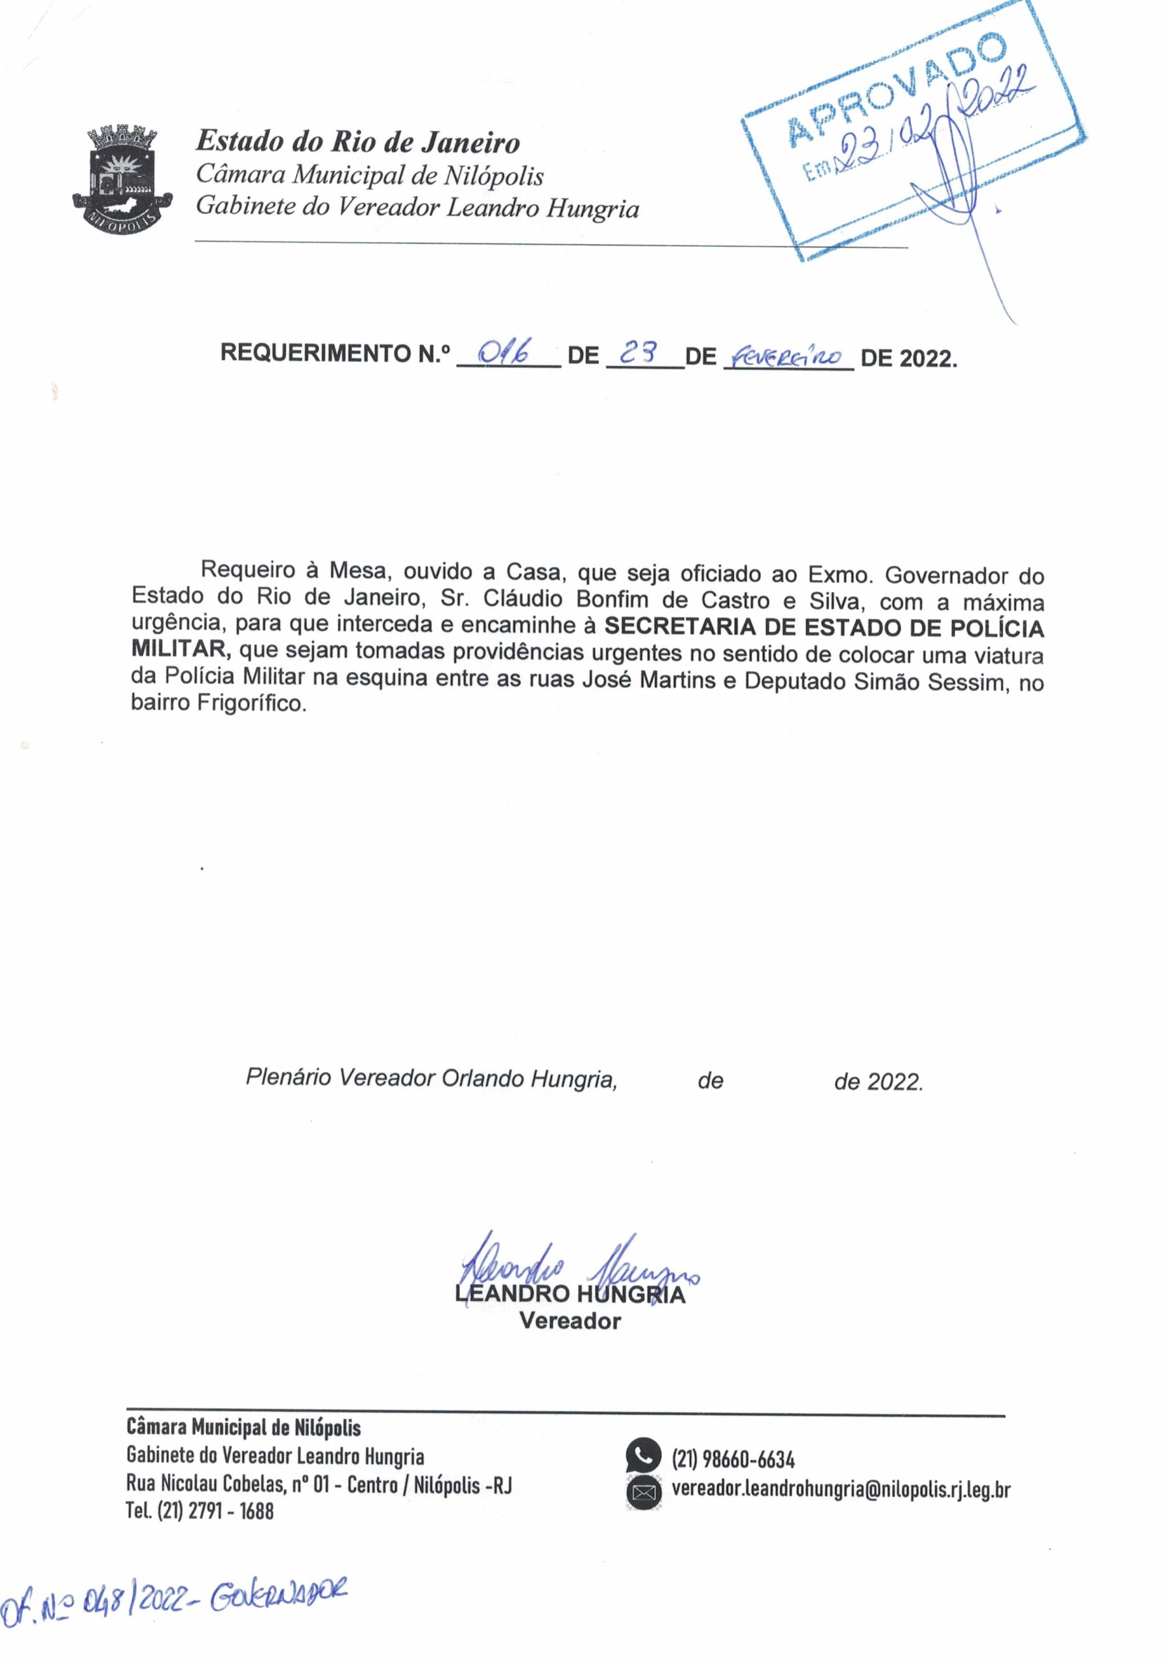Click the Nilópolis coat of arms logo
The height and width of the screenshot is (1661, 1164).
tap(122, 178)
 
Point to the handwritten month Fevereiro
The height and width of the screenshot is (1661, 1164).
tap(788, 356)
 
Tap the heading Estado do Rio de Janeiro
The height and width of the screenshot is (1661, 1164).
tap(358, 142)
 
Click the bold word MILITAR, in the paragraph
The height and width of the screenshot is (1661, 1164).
tap(181, 649)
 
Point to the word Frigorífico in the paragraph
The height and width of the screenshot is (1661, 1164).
tap(252, 703)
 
